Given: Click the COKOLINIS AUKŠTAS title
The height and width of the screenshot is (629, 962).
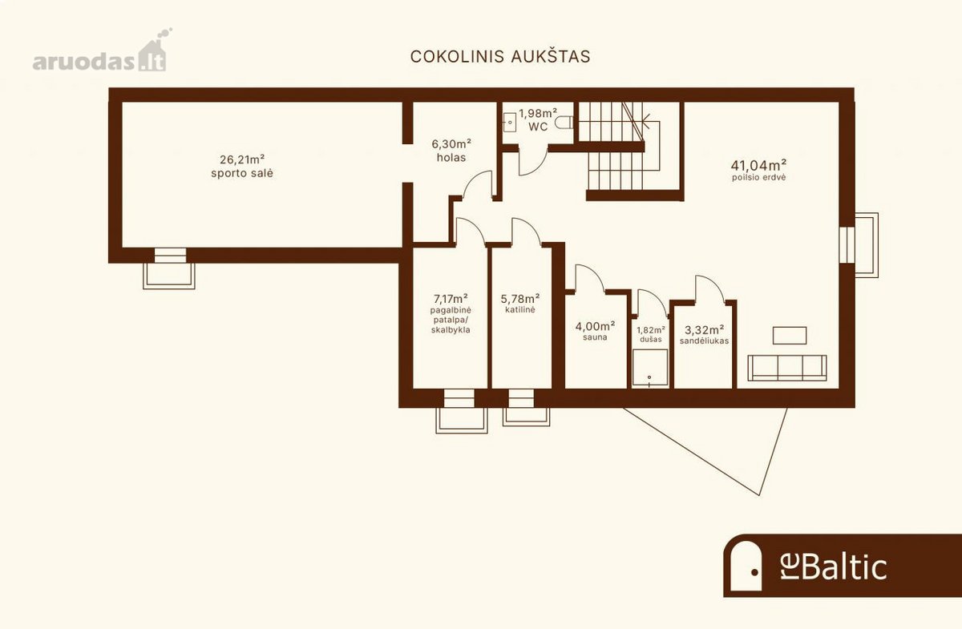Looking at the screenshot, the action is pos(500,57).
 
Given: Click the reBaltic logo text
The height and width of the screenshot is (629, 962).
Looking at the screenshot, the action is pos(834,567).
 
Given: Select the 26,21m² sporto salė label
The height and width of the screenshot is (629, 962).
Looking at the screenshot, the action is pos(242,166).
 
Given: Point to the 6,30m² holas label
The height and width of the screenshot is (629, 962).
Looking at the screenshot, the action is pos(451,151).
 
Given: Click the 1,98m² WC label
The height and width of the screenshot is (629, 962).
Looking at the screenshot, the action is pos(538,119).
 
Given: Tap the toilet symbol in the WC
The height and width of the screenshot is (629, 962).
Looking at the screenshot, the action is pos(564,123).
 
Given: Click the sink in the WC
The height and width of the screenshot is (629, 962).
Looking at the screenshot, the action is pos(509,123).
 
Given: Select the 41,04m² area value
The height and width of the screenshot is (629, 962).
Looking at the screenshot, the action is pos(759,164).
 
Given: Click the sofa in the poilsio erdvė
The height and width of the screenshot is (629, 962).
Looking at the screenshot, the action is pos(786,368).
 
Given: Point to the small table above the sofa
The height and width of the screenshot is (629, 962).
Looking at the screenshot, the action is pos(790,335).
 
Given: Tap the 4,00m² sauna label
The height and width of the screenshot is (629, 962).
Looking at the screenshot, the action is pos(595,331).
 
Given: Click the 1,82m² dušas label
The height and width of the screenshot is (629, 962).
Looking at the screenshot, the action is pos(651,334).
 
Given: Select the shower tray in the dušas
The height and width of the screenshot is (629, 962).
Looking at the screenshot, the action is pos(650,368).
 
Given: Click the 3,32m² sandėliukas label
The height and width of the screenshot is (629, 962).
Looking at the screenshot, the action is pos(705,335).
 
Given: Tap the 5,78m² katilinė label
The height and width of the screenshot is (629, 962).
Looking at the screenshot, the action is pos(520,303).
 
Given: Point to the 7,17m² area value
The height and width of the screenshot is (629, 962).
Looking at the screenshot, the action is pos(451,298).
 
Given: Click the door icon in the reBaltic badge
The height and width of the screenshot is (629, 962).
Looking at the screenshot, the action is pos(746,565).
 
